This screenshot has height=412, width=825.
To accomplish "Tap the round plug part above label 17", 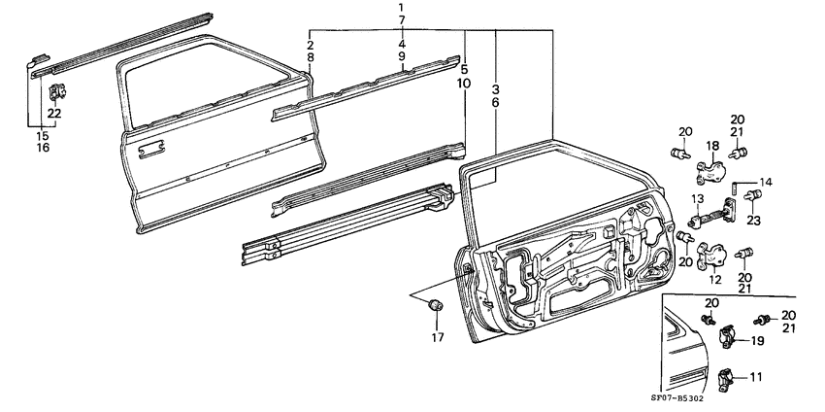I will click(x=435, y=307).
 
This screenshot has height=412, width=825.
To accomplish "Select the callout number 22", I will click(x=54, y=115).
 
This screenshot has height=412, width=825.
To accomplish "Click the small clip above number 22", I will click(x=54, y=92).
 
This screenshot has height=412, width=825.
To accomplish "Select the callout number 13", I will click(x=696, y=200).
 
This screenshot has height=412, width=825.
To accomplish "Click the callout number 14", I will click(x=766, y=182).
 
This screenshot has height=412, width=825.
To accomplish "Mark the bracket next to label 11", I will click(x=728, y=377).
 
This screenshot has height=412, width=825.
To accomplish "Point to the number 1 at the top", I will click(x=401, y=9).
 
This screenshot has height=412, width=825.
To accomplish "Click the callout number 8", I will click(x=310, y=58).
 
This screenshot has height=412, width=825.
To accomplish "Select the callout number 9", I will click(x=401, y=57).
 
